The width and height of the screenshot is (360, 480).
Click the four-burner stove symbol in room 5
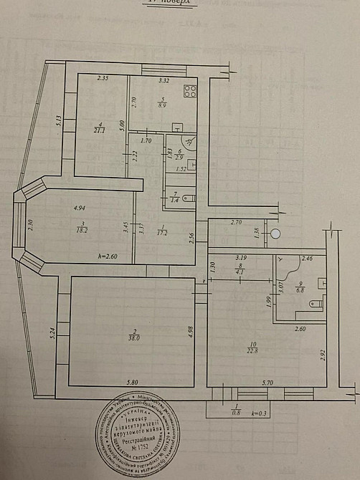coord(191,91)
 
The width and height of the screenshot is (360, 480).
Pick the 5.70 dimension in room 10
coord(267,383)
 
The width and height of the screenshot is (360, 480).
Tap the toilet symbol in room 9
coord(313,305)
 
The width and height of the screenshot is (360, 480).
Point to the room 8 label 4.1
coord(241,272)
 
